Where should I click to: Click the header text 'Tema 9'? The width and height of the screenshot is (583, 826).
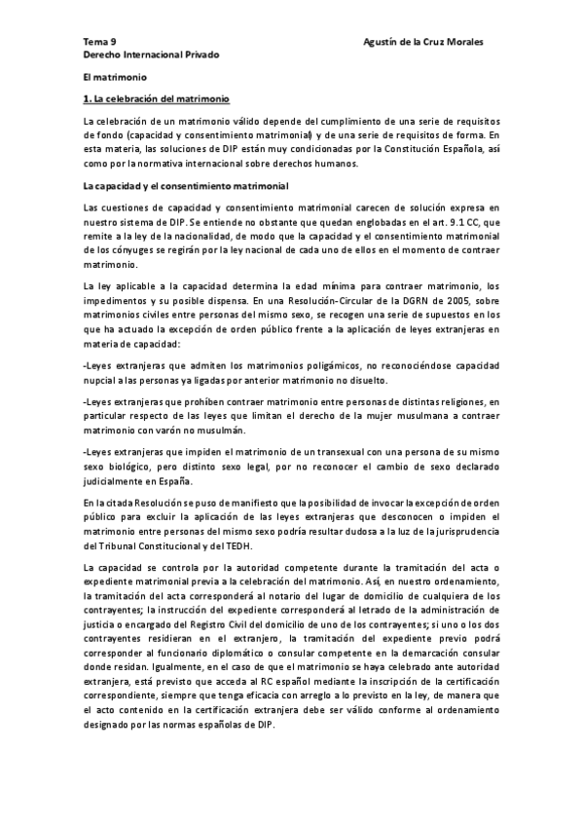98,42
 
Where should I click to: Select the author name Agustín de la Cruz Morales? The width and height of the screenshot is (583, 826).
422,42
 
